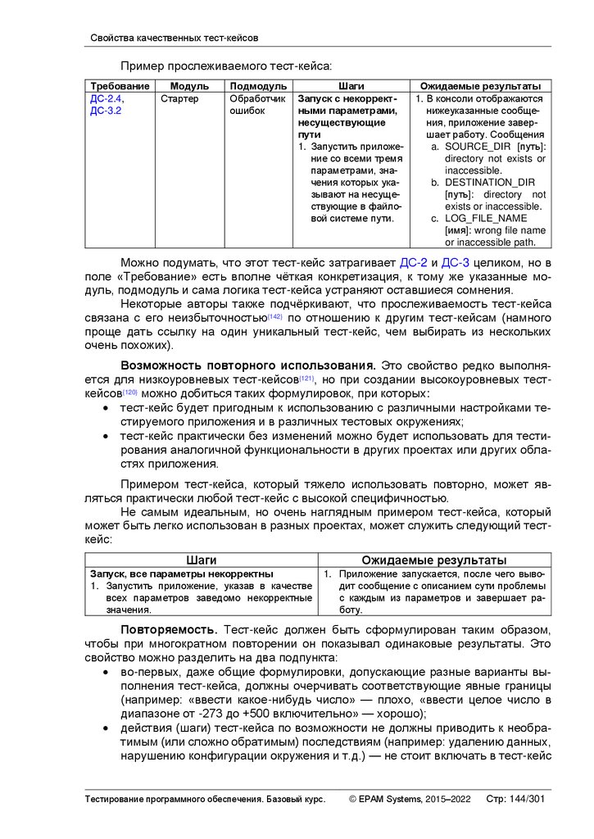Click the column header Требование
(x=120, y=86)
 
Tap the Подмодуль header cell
(x=258, y=86)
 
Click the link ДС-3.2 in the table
(x=106, y=111)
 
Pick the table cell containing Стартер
(x=179, y=98)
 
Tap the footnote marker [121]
(x=306, y=378)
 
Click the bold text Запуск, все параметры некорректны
(x=182, y=574)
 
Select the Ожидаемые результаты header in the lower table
(x=433, y=560)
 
